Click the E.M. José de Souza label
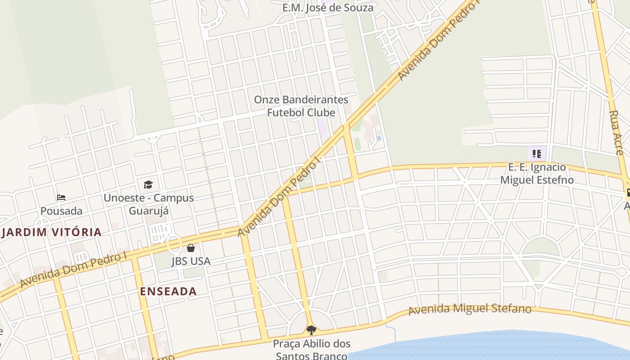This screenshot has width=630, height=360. click(x=328, y=8)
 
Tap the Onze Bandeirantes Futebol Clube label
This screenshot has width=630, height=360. click(x=301, y=106)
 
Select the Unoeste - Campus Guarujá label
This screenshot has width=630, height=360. click(x=148, y=204)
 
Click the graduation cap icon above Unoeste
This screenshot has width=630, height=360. click(x=148, y=184)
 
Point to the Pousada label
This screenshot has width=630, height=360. click(x=61, y=211)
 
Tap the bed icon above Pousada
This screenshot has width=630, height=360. click(x=61, y=197)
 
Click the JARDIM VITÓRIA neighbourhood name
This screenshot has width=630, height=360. click(x=52, y=233)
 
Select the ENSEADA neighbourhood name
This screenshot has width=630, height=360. click(x=168, y=291)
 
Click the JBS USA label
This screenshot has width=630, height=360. click(x=191, y=261)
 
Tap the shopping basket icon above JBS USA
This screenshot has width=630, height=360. click(x=191, y=247)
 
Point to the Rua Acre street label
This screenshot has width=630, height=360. click(x=618, y=133)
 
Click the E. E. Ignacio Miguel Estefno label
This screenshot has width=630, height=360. click(x=537, y=174)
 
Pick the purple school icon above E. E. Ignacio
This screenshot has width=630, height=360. click(x=536, y=154)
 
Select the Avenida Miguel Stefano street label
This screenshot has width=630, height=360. click(x=470, y=310)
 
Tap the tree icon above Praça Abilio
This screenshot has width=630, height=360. click(x=311, y=330)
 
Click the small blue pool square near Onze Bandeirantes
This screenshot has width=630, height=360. click(x=379, y=138)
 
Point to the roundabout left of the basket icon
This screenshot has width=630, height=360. click(x=174, y=245)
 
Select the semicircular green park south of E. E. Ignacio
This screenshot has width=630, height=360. click(x=540, y=247)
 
